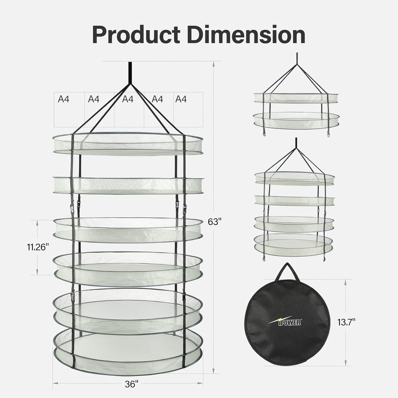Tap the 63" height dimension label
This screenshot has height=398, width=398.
point(215,222)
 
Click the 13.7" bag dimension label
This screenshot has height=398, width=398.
point(346,321)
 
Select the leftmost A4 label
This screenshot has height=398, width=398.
point(63,99)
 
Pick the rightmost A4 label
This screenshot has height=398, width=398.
point(181,99)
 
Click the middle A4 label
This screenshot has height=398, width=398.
point(128,99)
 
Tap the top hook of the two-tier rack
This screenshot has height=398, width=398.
point(296,58)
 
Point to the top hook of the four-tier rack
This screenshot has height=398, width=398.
point(296,144)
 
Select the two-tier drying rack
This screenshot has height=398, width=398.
point(296,110)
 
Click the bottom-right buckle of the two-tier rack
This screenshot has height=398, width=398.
point(329,135)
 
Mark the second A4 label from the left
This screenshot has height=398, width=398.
point(93,99)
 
